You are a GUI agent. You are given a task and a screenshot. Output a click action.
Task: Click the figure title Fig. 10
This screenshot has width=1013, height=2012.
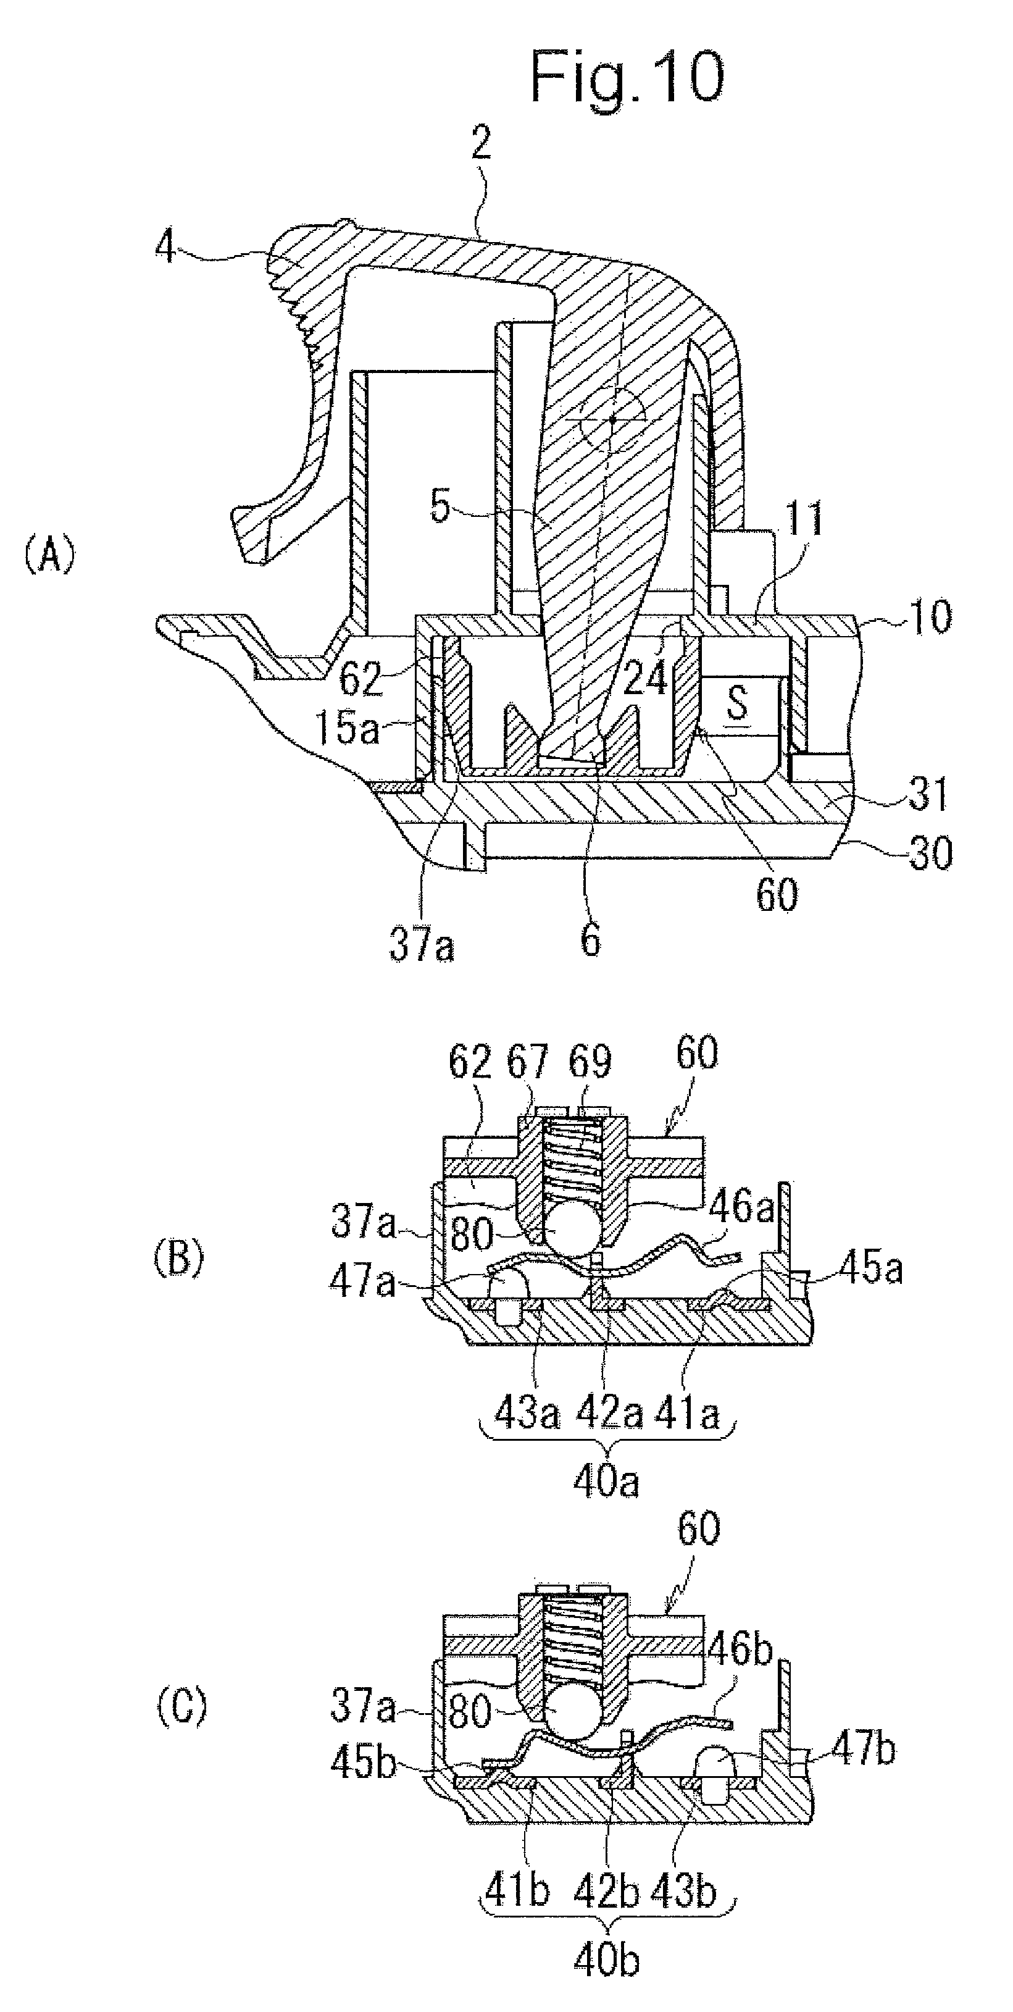click(x=627, y=77)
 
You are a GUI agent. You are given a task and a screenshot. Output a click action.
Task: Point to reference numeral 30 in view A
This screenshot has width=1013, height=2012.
click(x=930, y=853)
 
